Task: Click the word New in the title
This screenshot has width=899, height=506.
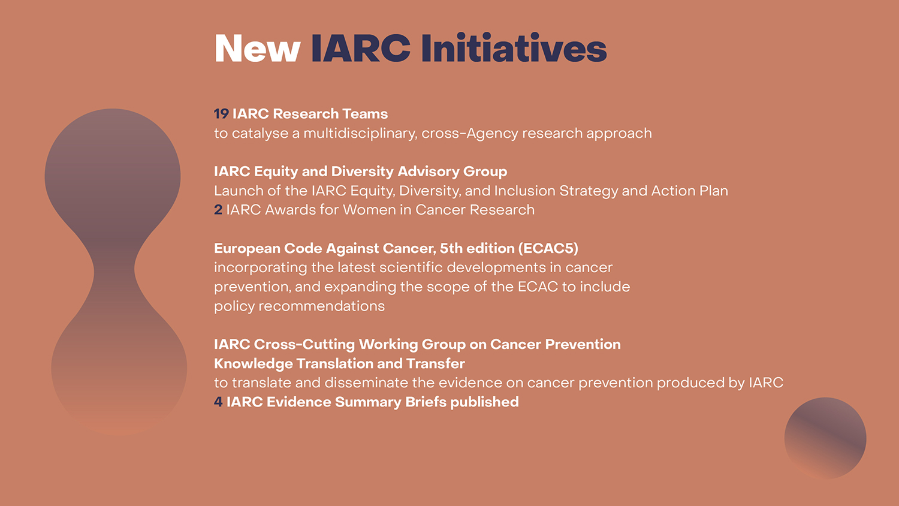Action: click(x=258, y=48)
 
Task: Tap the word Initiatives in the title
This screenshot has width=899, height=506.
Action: click(x=514, y=47)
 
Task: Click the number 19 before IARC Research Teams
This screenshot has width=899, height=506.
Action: click(x=221, y=114)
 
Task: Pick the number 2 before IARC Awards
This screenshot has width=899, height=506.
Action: click(x=218, y=210)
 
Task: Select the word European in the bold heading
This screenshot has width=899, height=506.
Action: click(x=247, y=249)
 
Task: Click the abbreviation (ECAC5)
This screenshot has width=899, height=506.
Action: click(x=548, y=248)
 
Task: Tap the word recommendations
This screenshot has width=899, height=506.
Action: click(x=321, y=306)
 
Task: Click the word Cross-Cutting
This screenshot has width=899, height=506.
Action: click(x=304, y=344)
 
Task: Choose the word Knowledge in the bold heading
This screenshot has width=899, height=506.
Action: click(x=254, y=364)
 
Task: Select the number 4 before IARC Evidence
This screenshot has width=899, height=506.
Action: click(x=218, y=402)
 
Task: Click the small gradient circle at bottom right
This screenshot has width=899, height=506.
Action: click(x=825, y=438)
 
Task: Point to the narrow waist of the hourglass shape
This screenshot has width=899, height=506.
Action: click(x=114, y=272)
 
